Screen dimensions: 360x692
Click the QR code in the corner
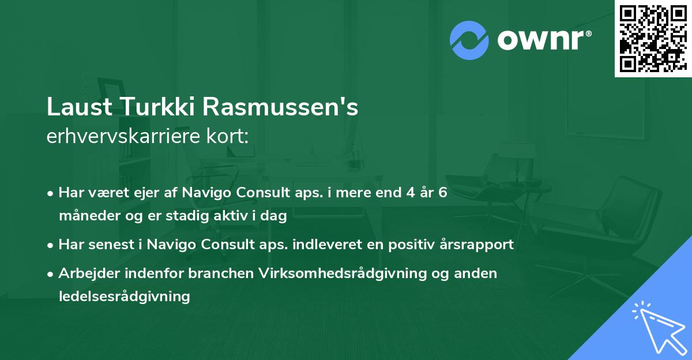pos(653,39)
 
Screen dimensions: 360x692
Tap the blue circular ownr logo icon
pos(469,40)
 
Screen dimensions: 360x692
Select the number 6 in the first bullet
pos(443,193)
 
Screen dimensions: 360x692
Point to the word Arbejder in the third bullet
pos(85,273)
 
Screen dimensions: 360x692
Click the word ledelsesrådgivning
pos(124,297)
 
